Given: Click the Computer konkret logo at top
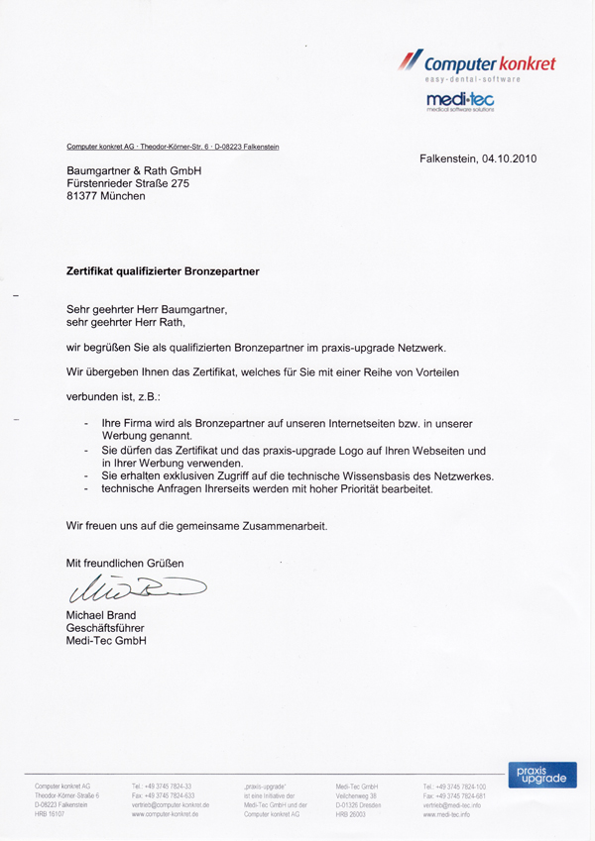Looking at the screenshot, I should pos(476,64).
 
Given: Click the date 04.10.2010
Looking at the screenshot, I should pos(505,158).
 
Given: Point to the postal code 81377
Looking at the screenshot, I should pos(83,196).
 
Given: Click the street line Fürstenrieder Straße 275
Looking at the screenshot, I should pos(127,183).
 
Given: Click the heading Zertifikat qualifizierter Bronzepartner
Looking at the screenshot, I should pos(163,269).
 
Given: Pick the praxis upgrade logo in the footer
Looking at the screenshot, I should pos(540,774).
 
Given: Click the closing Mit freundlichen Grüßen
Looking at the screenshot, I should pos(125,564).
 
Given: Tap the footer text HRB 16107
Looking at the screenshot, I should pos(50,814).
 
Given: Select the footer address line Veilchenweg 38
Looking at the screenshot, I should pos(359,794).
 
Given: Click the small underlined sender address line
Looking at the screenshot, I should pos(173,147).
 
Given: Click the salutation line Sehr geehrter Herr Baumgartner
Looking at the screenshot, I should pos(147,308).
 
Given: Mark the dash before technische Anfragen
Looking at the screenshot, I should pos(87,490).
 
